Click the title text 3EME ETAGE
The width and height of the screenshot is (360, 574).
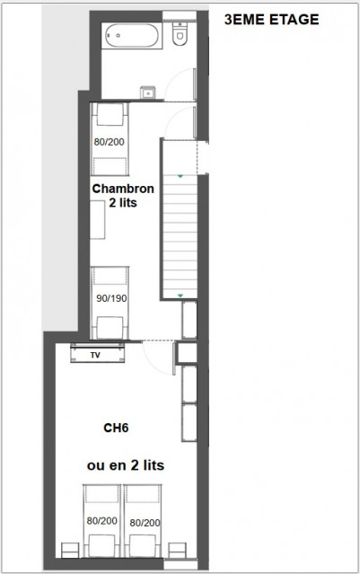point(270,19)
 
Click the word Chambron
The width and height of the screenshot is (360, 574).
point(124,190)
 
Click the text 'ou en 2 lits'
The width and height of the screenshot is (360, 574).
point(125,465)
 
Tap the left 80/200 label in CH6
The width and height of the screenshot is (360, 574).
point(101,520)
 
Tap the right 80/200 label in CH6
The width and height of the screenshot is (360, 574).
point(144,520)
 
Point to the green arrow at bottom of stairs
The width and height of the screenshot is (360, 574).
point(180,294)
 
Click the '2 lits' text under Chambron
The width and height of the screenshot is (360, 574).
point(124,205)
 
